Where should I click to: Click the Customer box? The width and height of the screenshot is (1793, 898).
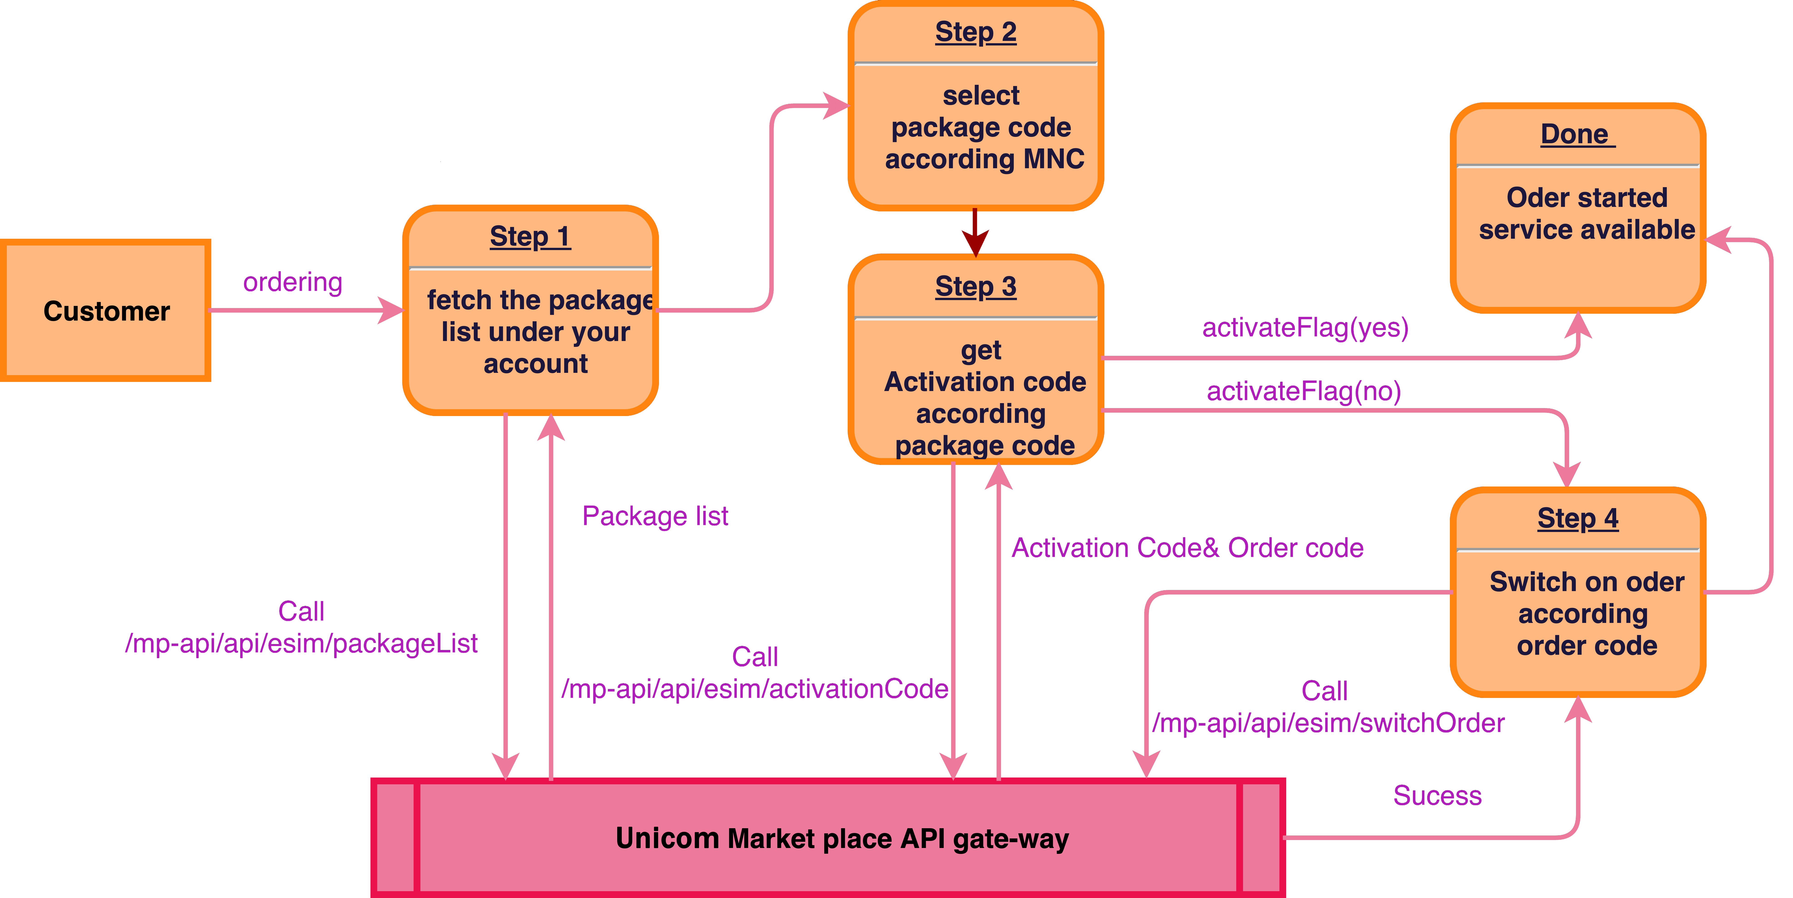[106, 311]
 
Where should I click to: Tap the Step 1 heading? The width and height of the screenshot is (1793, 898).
[530, 237]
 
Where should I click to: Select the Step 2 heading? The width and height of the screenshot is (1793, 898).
[975, 32]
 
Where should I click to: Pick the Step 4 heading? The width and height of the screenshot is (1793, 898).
[1577, 519]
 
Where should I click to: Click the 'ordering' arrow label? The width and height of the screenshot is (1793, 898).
[292, 282]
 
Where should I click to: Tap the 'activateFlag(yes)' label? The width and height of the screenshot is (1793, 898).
[1305, 327]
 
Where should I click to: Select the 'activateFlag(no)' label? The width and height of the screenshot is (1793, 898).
[1304, 391]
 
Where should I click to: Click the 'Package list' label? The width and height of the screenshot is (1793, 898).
[655, 516]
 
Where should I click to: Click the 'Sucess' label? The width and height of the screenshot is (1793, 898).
[1437, 795]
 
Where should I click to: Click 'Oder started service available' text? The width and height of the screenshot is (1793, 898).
[1587, 214]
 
